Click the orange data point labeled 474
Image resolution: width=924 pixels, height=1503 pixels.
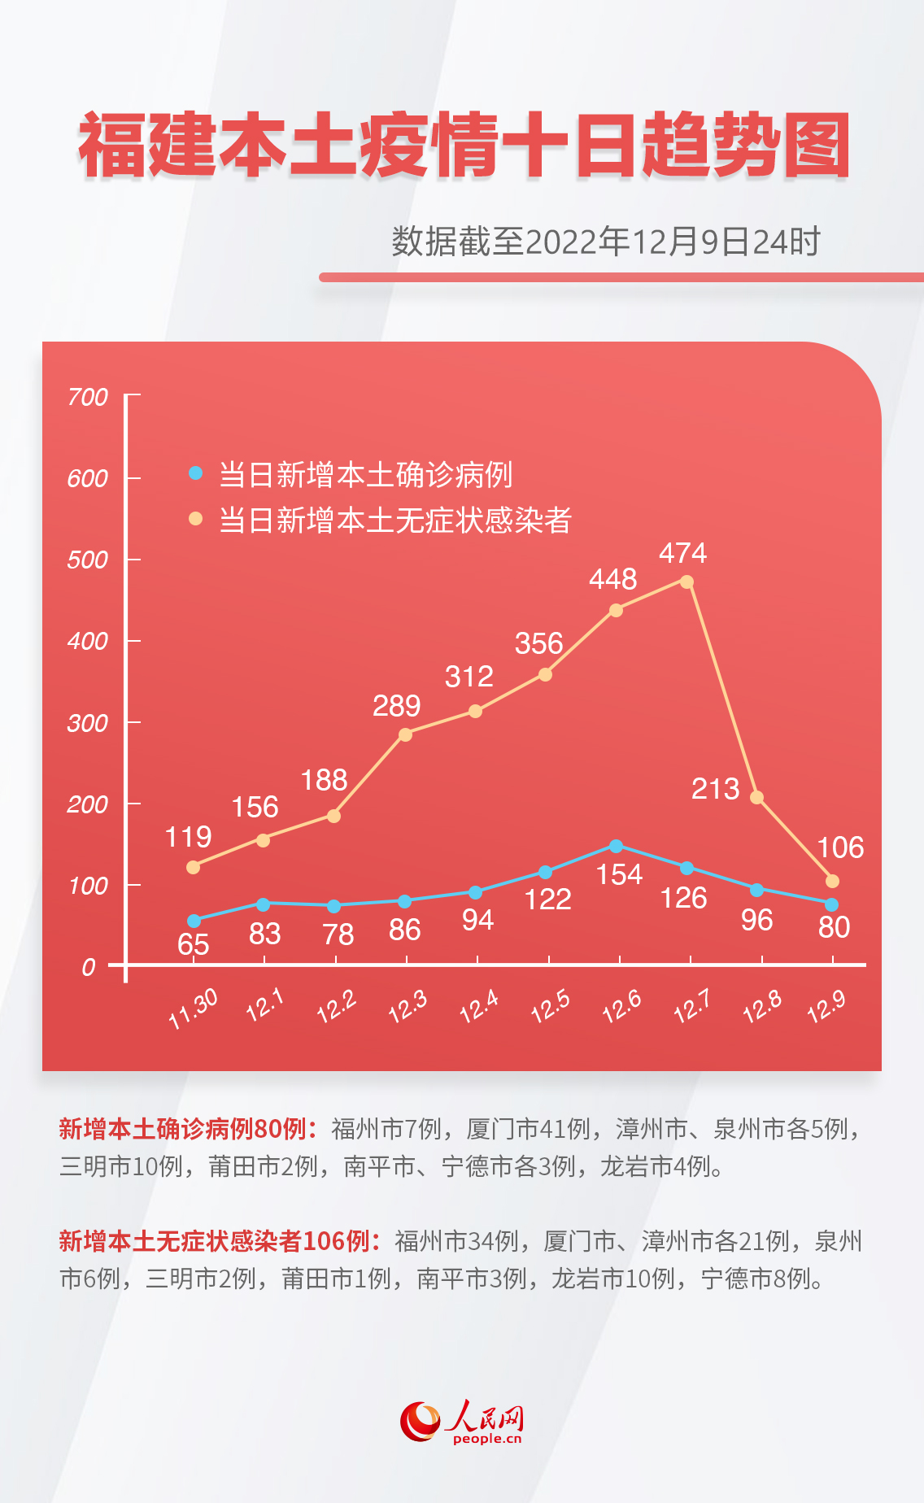[686, 582]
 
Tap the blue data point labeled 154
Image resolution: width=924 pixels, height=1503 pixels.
[616, 847]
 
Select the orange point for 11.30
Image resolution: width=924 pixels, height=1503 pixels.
[193, 868]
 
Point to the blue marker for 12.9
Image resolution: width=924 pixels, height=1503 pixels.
[831, 904]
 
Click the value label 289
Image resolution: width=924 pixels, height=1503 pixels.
[396, 706]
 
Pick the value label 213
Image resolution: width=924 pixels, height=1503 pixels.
[715, 789]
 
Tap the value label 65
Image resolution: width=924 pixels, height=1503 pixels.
[193, 944]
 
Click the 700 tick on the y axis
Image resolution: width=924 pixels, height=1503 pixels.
[88, 397]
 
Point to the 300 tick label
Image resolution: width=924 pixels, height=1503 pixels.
[88, 723]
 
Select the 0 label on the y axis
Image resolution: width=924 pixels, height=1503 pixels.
[89, 967]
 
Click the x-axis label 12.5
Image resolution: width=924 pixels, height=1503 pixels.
[550, 1007]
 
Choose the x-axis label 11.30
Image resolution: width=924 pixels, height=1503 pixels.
[193, 1009]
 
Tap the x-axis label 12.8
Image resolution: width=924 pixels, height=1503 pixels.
[762, 1007]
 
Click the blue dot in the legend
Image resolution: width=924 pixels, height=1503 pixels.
[195, 473]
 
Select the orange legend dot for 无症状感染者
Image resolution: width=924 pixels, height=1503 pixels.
[195, 518]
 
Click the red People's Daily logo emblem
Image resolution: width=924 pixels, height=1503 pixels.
[420, 1421]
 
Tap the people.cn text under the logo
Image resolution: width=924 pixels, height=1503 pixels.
[487, 1439]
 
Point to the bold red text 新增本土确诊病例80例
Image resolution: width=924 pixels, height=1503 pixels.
[183, 1129]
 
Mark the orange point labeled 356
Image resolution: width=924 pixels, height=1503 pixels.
[545, 674]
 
